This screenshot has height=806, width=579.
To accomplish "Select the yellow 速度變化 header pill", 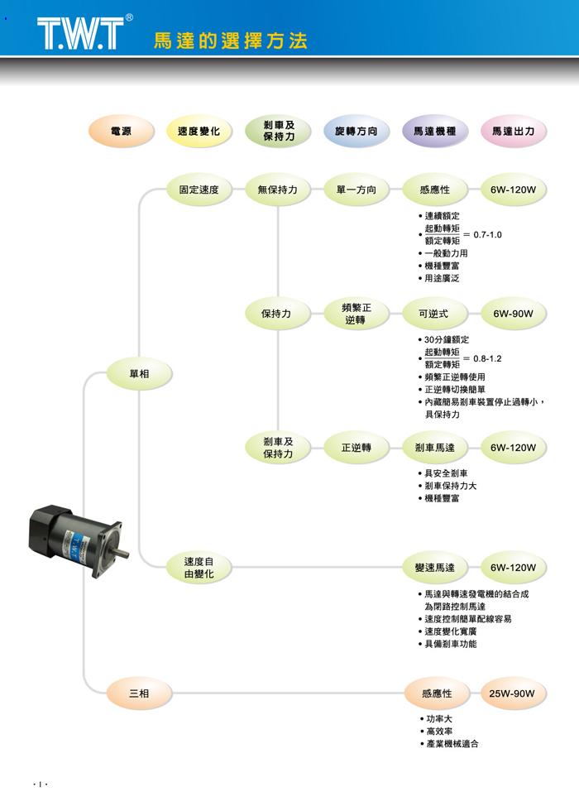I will [x=199, y=132].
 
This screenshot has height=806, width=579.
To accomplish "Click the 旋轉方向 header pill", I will [x=356, y=132].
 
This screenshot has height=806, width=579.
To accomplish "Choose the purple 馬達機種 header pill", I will [x=435, y=132].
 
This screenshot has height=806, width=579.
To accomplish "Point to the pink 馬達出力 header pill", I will [x=513, y=132].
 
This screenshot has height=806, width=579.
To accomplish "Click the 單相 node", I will [x=139, y=374].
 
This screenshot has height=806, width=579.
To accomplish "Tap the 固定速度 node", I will [x=199, y=190].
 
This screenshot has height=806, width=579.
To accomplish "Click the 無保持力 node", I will [x=277, y=190].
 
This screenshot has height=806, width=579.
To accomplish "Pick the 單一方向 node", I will [x=356, y=190].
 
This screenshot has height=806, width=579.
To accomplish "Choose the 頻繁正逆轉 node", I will [x=356, y=314].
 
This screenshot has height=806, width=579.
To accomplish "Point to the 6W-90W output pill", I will [x=513, y=314].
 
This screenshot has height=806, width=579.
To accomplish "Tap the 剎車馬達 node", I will [x=435, y=448].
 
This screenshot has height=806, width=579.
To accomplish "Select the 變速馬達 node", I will [x=435, y=568].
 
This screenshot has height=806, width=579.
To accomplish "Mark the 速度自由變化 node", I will [x=199, y=568].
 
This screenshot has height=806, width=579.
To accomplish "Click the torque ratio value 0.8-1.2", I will [x=488, y=358].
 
